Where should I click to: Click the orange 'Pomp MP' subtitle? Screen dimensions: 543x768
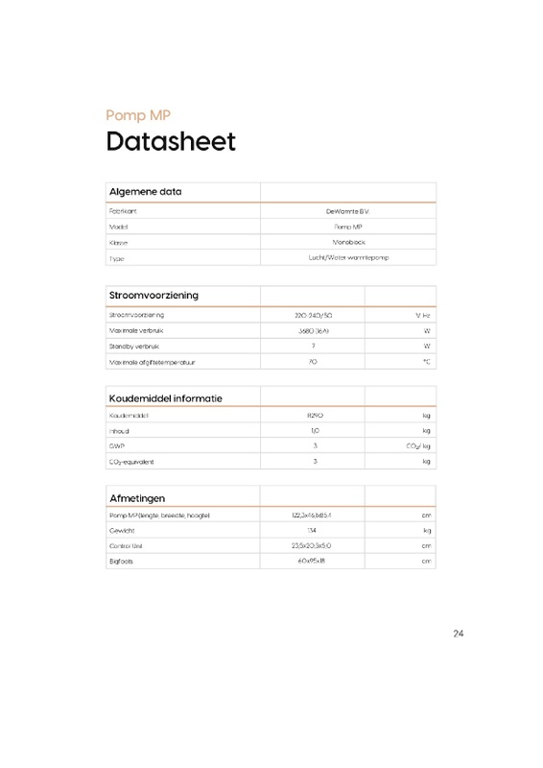[138, 115]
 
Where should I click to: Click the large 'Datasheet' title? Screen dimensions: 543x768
[170, 142]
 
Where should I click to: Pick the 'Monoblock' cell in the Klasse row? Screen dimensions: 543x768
[347, 242]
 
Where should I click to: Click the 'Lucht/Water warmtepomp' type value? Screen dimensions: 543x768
[347, 258]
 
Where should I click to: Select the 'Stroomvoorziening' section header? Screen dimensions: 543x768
[153, 295]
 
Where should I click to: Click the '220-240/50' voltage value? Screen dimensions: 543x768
[313, 315]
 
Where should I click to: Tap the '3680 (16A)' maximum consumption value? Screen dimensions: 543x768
[313, 330]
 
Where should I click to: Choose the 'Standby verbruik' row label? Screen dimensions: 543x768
[133, 346]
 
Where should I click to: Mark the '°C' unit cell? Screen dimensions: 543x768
[426, 362]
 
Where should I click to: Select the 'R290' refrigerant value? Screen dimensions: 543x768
[313, 416]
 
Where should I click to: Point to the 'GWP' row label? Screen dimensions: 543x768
[117, 446]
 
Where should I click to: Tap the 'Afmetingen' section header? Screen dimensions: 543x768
[138, 497]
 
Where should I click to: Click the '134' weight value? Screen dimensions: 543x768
[313, 531]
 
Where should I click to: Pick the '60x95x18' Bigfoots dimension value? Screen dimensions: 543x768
[313, 562]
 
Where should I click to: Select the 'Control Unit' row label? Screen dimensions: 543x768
[127, 546]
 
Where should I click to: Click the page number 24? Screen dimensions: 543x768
[457, 634]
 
